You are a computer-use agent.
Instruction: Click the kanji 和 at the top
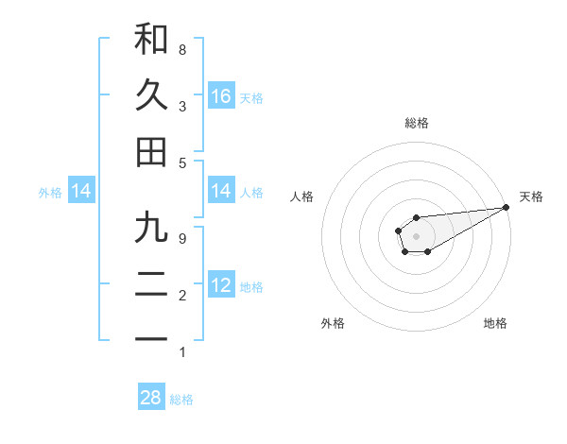(x=151, y=39)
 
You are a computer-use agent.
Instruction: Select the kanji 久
(x=151, y=95)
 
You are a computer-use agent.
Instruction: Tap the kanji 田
(x=151, y=152)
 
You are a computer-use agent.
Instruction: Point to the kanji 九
(x=151, y=228)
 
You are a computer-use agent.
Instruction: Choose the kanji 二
(x=151, y=284)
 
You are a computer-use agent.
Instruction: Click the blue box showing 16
(x=221, y=95)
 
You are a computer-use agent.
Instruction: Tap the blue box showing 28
(x=151, y=398)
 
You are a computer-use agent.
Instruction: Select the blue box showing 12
(x=221, y=284)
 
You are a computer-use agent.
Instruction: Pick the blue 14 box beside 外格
(x=81, y=192)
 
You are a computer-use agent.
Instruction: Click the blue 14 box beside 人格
(x=221, y=192)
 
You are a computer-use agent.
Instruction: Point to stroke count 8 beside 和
(x=181, y=49)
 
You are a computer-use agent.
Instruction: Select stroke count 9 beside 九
(x=181, y=238)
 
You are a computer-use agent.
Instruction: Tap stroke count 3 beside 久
(x=181, y=106)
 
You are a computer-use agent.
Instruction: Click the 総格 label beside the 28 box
(x=181, y=400)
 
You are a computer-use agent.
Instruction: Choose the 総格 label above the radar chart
(x=416, y=123)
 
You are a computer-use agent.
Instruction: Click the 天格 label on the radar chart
(x=531, y=196)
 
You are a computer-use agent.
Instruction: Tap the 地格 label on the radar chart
(x=495, y=323)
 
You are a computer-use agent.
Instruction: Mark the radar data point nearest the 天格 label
(x=507, y=207)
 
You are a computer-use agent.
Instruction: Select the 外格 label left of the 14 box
(x=50, y=193)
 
